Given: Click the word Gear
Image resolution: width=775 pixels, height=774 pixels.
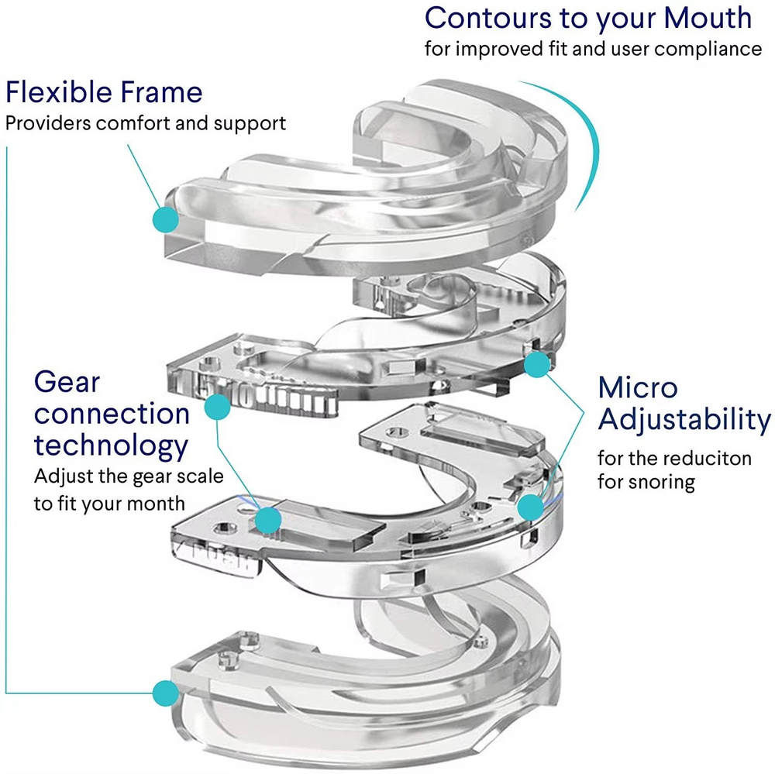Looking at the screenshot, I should click(x=67, y=382).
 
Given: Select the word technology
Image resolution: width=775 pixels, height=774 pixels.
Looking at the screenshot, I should click(x=111, y=445).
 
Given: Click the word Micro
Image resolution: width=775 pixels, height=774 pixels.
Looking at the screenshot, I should click(x=637, y=387).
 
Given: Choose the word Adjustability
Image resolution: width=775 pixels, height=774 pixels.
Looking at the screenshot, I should click(x=684, y=421).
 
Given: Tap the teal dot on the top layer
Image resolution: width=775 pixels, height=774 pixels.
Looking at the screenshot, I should click(x=166, y=218).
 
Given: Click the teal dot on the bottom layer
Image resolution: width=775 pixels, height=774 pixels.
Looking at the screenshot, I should click(x=164, y=692).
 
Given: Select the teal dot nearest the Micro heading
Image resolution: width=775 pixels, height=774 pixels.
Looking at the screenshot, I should click(x=538, y=363).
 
